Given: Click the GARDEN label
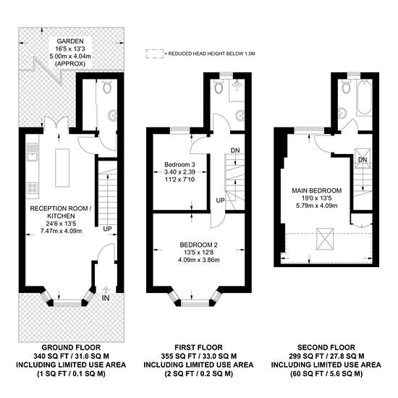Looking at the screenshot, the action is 70,41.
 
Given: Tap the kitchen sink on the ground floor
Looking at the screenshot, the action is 33,153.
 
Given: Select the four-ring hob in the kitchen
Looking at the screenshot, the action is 33,188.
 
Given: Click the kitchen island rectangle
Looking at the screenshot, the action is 62,168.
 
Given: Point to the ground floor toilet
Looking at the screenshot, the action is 107,87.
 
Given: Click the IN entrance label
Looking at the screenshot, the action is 106,298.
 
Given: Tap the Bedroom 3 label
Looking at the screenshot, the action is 179,164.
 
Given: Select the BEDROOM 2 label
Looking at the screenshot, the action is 198,245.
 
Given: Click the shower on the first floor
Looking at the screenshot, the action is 237,90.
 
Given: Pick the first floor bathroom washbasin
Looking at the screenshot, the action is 240,116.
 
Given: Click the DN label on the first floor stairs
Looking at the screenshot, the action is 235,151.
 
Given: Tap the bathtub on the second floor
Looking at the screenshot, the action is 365,97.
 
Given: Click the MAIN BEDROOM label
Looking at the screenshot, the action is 317,190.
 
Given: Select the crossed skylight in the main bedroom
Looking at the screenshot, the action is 325,239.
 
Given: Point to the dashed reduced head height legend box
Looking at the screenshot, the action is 154,54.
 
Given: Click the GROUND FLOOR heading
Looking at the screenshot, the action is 71,347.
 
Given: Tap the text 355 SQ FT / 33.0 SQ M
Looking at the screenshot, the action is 199,356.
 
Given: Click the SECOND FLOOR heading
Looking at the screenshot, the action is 326,347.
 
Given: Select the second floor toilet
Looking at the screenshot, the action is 346,86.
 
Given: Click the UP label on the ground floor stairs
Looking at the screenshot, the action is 107,229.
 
